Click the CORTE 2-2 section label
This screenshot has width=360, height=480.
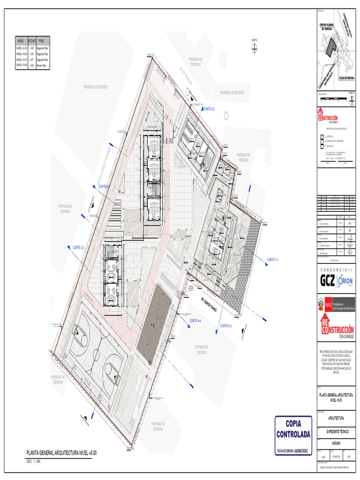click(209, 109)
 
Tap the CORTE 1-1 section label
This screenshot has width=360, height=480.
click(272, 259)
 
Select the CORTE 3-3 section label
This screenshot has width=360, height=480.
click(78, 247)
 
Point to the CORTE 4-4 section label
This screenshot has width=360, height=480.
click(195, 321)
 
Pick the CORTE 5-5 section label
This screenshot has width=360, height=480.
click(226, 325)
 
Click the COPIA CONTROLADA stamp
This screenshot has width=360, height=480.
click(293, 429)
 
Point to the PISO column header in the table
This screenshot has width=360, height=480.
click(41, 41)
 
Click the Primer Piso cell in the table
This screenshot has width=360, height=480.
click(41, 66)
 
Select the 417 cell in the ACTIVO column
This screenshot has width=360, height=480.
click(32, 60)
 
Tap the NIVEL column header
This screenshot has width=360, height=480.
click(21, 41)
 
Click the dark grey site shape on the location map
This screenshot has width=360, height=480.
click(332, 45)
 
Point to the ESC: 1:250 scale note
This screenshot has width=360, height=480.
click(34, 461)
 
